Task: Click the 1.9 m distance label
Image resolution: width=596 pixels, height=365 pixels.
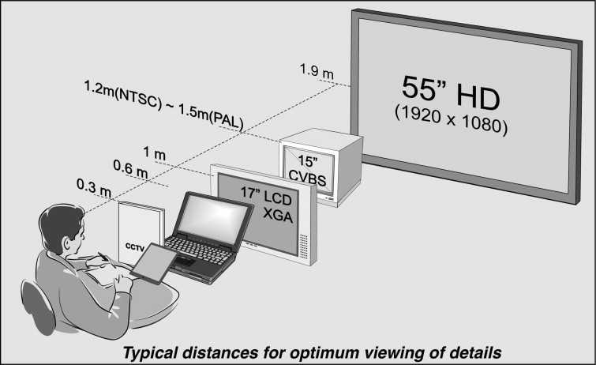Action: pyautogui.click(x=317, y=71)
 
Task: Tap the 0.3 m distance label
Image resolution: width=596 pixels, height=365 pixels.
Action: pyautogui.click(x=93, y=188)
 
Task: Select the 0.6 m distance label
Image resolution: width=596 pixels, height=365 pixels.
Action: pyautogui.click(x=130, y=169)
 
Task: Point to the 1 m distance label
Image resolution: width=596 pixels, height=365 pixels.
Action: pyautogui.click(x=154, y=153)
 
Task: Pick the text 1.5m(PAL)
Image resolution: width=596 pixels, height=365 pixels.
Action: pyautogui.click(x=211, y=116)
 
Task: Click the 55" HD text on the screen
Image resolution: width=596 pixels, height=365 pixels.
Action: pyautogui.click(x=451, y=92)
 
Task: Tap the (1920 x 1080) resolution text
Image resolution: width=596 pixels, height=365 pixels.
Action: pyautogui.click(x=452, y=119)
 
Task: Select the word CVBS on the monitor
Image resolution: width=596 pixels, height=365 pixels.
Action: pyautogui.click(x=307, y=177)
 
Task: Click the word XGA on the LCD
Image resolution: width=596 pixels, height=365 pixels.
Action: pyautogui.click(x=278, y=216)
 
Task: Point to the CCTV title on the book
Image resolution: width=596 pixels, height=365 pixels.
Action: pyautogui.click(x=135, y=247)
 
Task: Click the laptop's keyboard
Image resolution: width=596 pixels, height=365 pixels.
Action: pyautogui.click(x=199, y=250)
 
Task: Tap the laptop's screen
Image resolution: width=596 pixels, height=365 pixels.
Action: pyautogui.click(x=213, y=218)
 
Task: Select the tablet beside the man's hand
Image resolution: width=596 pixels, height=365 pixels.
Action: pyautogui.click(x=154, y=263)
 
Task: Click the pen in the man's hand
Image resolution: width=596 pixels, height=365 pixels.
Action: pyautogui.click(x=104, y=258)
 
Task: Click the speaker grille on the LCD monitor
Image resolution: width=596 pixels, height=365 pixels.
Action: pyautogui.click(x=304, y=246)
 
